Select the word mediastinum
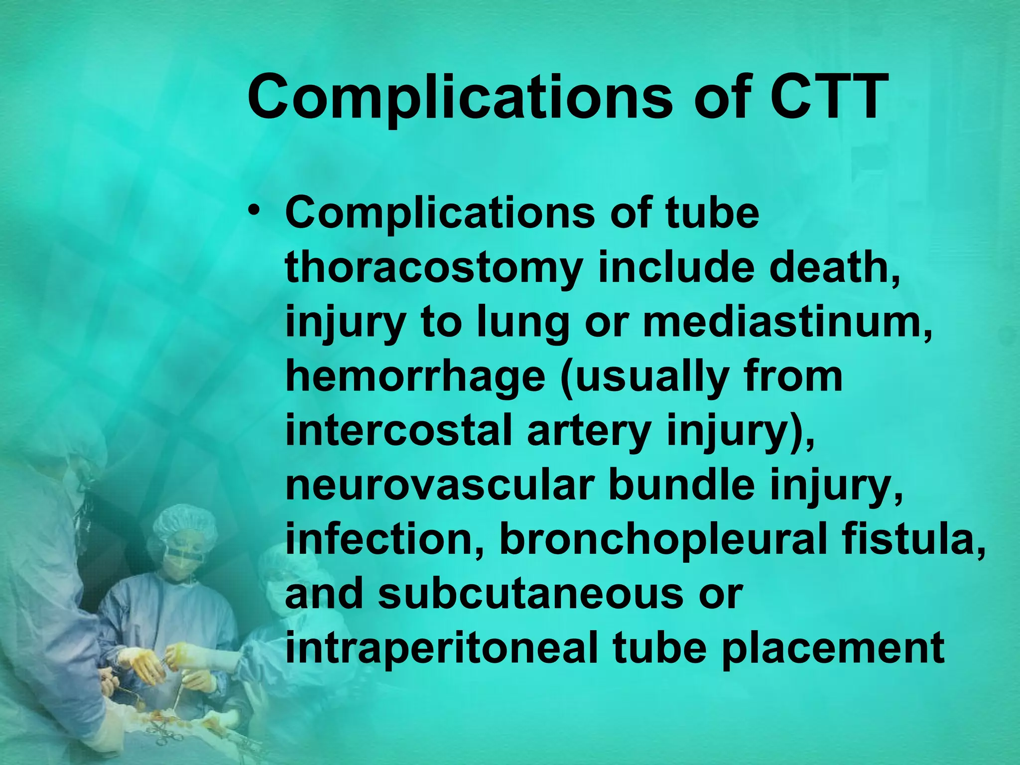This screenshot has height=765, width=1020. tap(787, 322)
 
